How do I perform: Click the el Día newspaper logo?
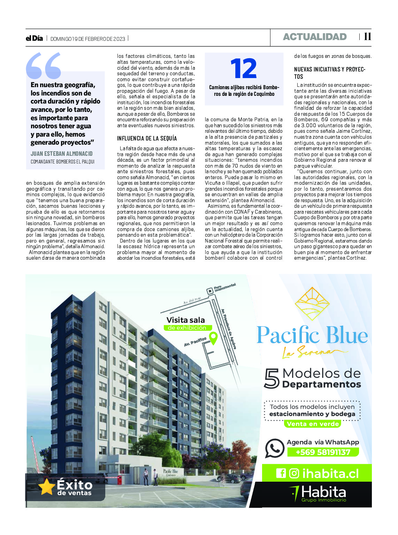pos(34,38)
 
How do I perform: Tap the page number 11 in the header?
pos(367,37)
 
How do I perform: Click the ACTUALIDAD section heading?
pos(315,37)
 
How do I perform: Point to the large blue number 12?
pos(244,69)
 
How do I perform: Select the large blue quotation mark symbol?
pos(44,66)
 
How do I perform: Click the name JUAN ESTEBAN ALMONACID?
pos(62,153)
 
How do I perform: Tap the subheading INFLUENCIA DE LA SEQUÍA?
pos(147,138)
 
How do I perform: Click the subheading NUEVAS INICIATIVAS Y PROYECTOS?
pos(329,73)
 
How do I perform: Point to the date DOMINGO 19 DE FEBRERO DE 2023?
pos(88,39)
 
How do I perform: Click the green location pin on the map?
pos(213,338)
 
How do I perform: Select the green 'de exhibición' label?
pos(187,328)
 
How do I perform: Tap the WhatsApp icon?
pos(275,448)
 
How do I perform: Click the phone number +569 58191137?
pos(323,452)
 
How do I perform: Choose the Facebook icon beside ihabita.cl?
pos(281,473)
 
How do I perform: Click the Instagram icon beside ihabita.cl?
pos(294,473)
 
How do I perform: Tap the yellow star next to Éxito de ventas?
pos(46,487)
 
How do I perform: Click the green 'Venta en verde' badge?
pos(313,424)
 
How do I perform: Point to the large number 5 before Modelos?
pos(272,379)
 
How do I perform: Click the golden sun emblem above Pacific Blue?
pos(312,304)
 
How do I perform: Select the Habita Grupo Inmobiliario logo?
pos(318,494)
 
